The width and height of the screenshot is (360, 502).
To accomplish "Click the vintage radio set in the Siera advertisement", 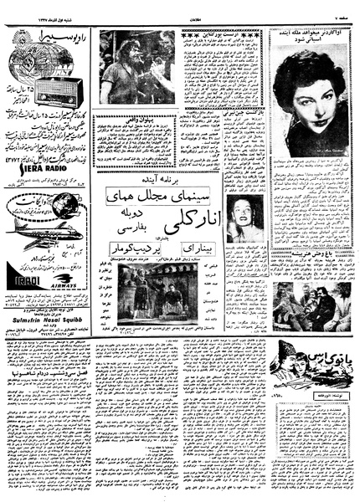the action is pos(55,90).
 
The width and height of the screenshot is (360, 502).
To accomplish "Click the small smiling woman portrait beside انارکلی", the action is pos(244,217).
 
